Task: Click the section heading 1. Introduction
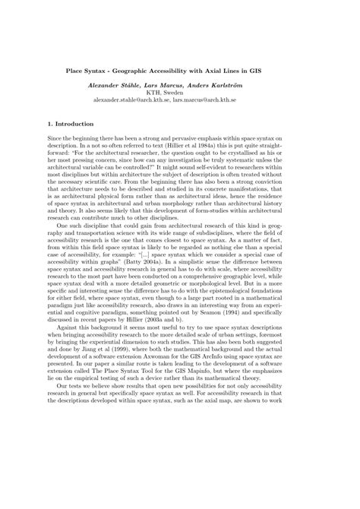tap(71, 123)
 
